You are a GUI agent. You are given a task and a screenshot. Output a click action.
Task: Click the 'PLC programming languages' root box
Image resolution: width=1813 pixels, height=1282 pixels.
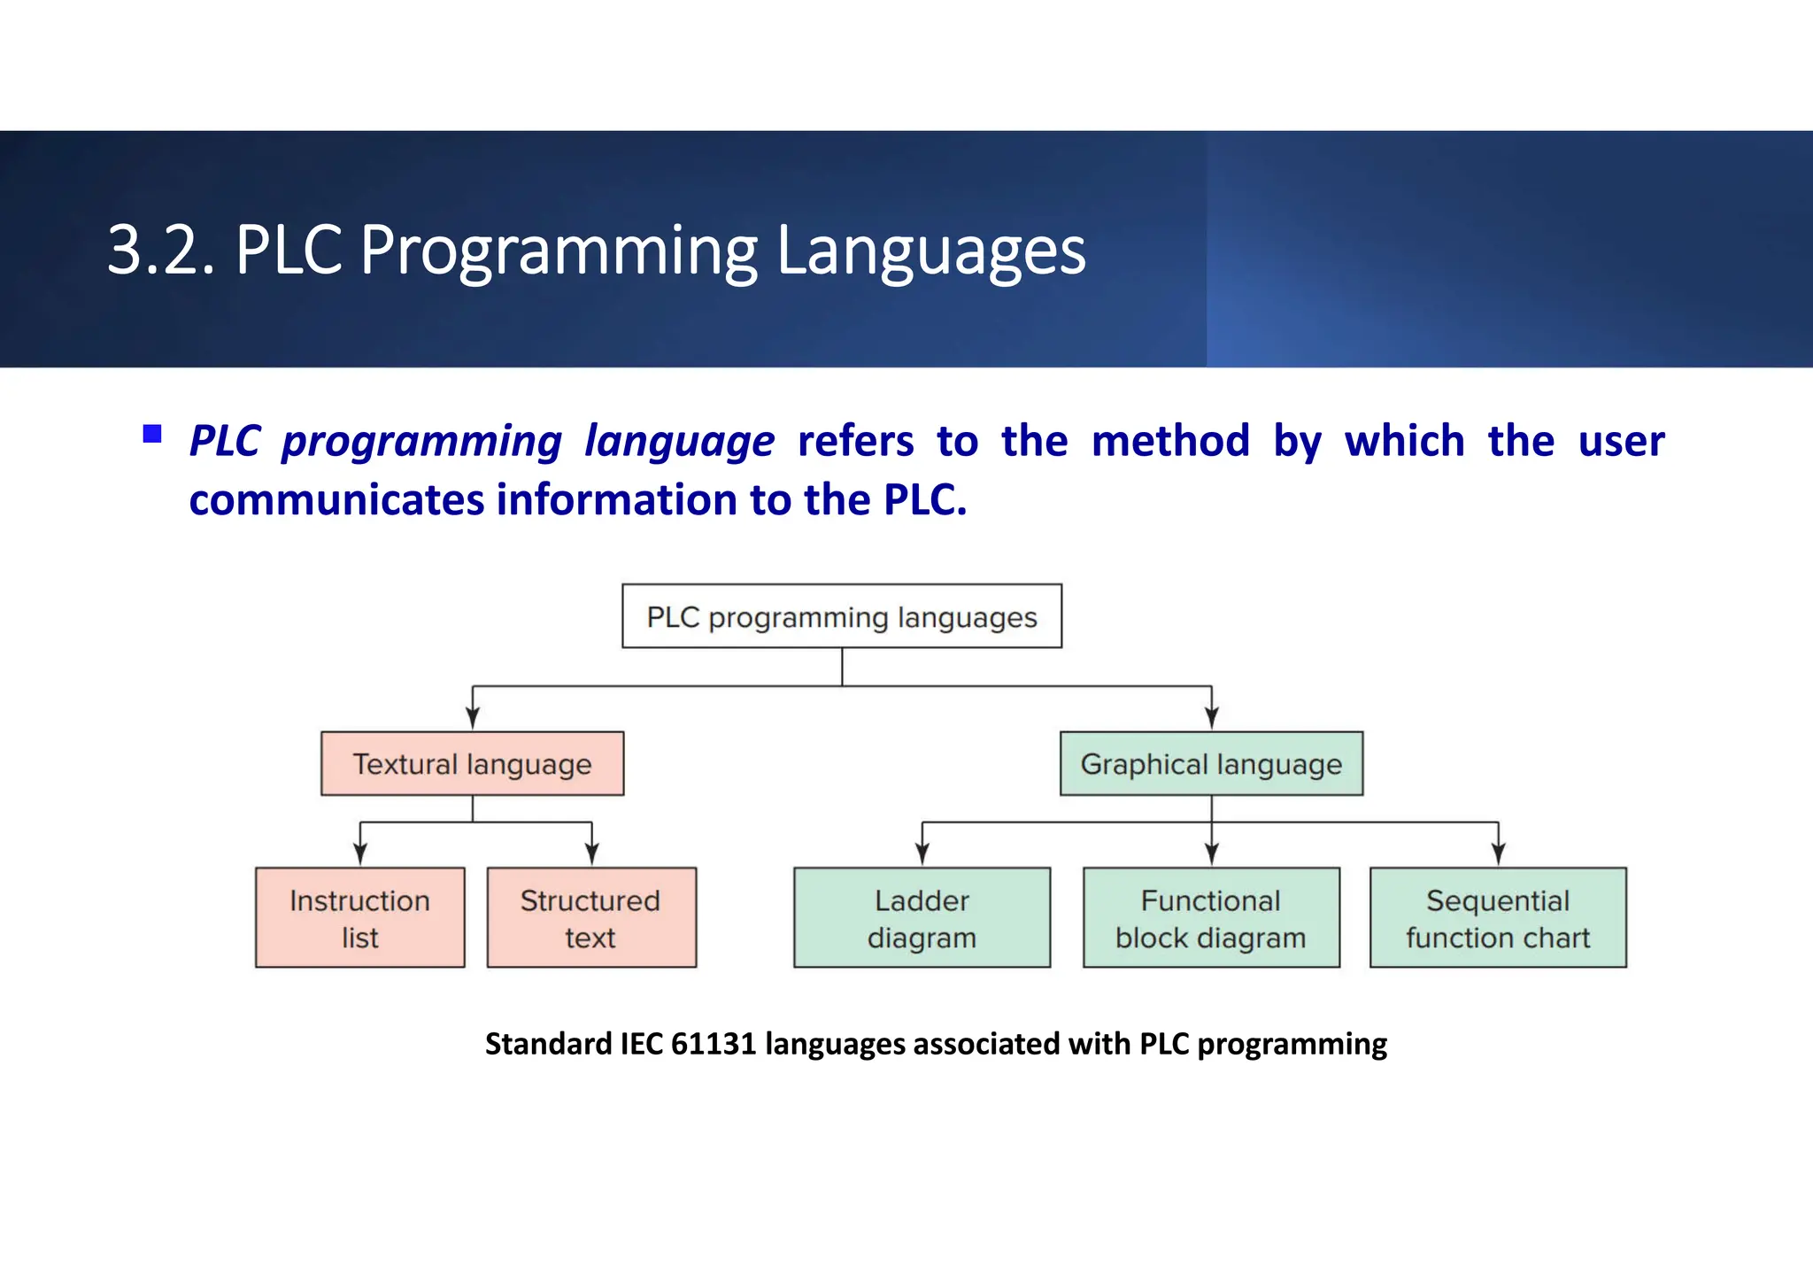[x=841, y=616]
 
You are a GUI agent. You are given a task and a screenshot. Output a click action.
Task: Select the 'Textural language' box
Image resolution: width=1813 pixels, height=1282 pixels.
[x=472, y=763]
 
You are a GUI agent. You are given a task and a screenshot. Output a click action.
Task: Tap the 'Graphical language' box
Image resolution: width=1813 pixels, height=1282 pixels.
[x=1211, y=763]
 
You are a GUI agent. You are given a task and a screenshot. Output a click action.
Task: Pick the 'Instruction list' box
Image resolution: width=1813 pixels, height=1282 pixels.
[x=359, y=917]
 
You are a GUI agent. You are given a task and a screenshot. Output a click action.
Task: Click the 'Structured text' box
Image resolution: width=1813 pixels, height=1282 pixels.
[x=591, y=917]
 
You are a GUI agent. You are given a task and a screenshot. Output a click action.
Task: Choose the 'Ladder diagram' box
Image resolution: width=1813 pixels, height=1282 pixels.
[x=922, y=917]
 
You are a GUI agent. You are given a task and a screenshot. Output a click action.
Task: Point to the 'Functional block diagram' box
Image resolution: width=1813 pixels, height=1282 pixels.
[x=1211, y=917]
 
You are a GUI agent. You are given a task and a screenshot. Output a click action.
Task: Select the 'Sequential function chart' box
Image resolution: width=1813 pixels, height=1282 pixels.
[x=1498, y=917]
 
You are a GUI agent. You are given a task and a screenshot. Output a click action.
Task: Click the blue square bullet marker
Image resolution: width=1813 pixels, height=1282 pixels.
[x=152, y=434]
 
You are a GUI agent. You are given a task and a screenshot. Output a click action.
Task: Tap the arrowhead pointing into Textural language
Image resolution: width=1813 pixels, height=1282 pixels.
[x=473, y=718]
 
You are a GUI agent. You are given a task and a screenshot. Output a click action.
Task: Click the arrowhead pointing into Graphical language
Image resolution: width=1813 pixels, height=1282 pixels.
[x=1212, y=718]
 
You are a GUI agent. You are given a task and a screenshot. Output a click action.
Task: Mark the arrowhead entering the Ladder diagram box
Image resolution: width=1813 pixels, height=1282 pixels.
[x=922, y=854]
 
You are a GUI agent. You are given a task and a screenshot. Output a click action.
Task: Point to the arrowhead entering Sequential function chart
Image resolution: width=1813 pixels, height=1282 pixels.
[x=1498, y=854]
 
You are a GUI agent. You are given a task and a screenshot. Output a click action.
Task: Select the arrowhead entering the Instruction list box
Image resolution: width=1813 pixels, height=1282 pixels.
[x=360, y=854]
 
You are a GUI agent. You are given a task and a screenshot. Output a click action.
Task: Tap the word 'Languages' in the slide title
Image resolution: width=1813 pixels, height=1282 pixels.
[x=930, y=251]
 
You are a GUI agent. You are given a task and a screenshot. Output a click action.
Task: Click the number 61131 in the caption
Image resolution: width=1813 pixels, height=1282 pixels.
[x=714, y=1044]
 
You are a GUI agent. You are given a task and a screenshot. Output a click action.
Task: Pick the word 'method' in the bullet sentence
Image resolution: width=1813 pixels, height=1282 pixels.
[x=1170, y=441]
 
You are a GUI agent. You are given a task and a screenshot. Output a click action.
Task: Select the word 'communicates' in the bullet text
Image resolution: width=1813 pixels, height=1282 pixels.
[x=336, y=499]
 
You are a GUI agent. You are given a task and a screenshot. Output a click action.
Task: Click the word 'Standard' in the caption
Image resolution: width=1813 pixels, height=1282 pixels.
[x=548, y=1044]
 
